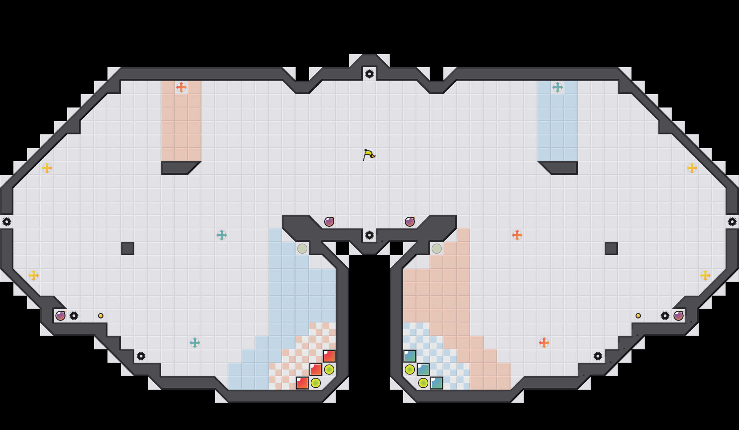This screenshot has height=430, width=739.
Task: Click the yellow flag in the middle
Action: coord(369,155)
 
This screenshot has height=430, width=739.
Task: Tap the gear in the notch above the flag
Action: coord(369,74)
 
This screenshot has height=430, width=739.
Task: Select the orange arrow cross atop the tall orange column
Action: coord(181,87)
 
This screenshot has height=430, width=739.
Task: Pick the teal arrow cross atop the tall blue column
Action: coord(558,87)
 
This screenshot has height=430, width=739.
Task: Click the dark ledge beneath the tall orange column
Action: coord(178,167)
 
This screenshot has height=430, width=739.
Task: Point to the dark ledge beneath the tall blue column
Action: coord(561,167)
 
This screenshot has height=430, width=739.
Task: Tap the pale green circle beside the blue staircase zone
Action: coord(302,249)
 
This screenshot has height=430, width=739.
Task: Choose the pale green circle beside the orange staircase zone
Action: coord(437,249)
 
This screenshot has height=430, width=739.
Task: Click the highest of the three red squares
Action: coord(329,356)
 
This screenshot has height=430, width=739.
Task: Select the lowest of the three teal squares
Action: coord(437,383)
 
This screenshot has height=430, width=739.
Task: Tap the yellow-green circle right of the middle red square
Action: coord(329,370)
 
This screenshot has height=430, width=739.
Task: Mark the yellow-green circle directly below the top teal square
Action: coord(410,370)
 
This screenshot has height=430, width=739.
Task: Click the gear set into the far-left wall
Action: coord(7,222)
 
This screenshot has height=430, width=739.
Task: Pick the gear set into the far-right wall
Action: coord(732,222)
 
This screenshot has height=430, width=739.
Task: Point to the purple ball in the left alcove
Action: coord(60,316)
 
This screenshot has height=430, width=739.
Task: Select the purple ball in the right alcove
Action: coord(679,316)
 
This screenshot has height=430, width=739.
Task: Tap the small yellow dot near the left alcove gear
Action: coord(101,316)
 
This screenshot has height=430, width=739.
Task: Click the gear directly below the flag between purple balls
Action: coord(369,235)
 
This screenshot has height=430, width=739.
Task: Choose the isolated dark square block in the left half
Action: coord(128,249)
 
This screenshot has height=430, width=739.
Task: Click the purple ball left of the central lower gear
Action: coord(329,222)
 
